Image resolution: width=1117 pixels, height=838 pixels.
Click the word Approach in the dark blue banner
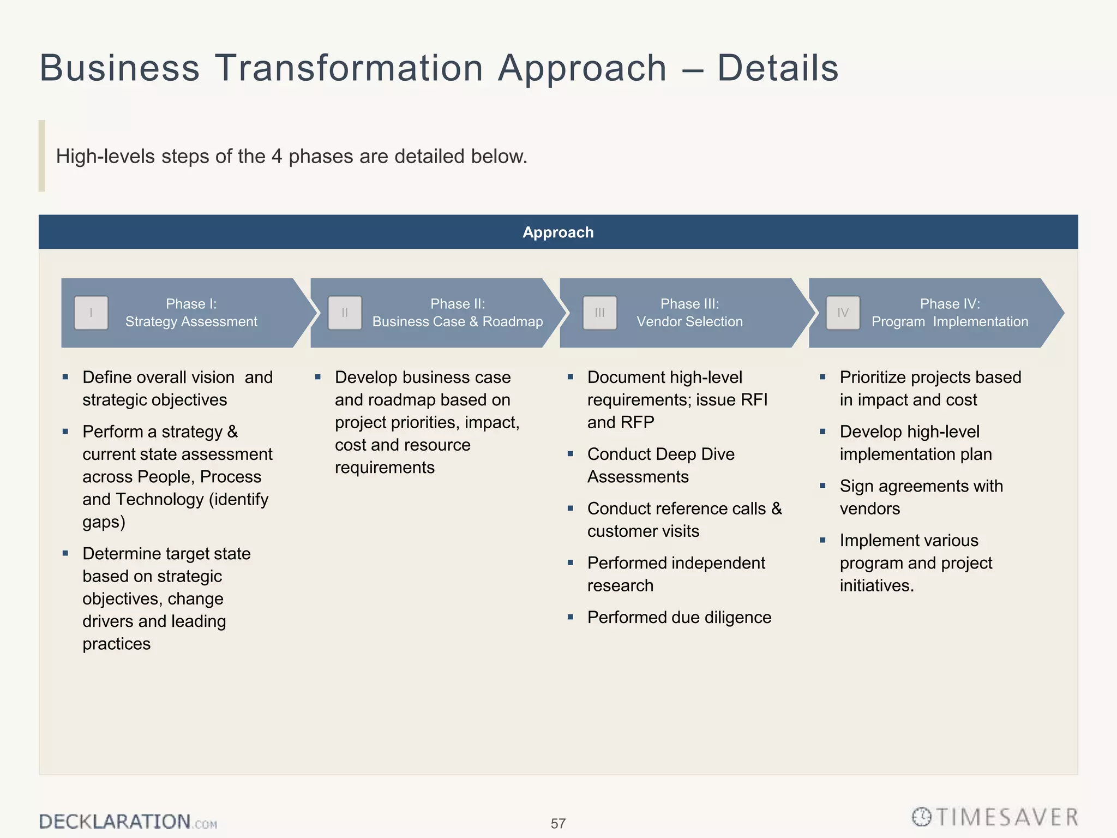558,232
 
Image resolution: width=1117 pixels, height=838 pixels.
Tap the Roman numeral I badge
91,313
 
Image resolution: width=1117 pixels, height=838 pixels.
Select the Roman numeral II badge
345,313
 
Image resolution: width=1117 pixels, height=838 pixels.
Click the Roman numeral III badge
599,313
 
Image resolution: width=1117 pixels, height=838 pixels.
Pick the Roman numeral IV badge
843,313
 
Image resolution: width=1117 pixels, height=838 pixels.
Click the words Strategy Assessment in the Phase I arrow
191,322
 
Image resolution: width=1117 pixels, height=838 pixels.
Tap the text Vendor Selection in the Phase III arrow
689,322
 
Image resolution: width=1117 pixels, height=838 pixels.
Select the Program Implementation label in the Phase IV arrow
950,322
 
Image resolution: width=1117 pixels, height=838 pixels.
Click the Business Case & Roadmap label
457,322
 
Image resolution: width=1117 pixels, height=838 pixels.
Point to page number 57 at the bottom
558,823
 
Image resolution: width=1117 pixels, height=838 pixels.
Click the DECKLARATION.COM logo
128,822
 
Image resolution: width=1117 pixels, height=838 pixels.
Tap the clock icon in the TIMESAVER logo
922,817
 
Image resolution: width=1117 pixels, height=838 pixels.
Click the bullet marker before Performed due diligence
570,617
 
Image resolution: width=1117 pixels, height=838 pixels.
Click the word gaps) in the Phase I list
104,522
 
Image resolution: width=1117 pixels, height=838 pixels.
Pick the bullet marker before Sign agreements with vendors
822,486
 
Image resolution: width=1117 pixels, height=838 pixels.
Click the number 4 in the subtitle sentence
277,157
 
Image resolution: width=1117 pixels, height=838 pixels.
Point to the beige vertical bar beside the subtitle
42,156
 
